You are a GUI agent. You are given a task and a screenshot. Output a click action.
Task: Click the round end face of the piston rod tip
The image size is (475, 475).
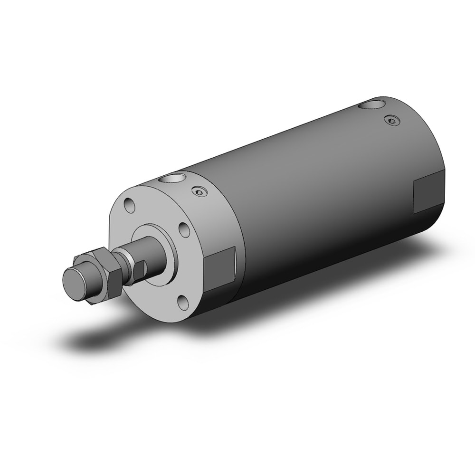[74, 284]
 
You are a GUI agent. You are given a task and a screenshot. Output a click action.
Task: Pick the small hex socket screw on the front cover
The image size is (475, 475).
[199, 191]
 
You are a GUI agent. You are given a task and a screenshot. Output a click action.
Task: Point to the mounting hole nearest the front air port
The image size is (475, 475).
[128, 207]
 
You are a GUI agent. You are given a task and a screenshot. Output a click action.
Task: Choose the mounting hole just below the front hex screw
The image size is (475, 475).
[184, 230]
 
